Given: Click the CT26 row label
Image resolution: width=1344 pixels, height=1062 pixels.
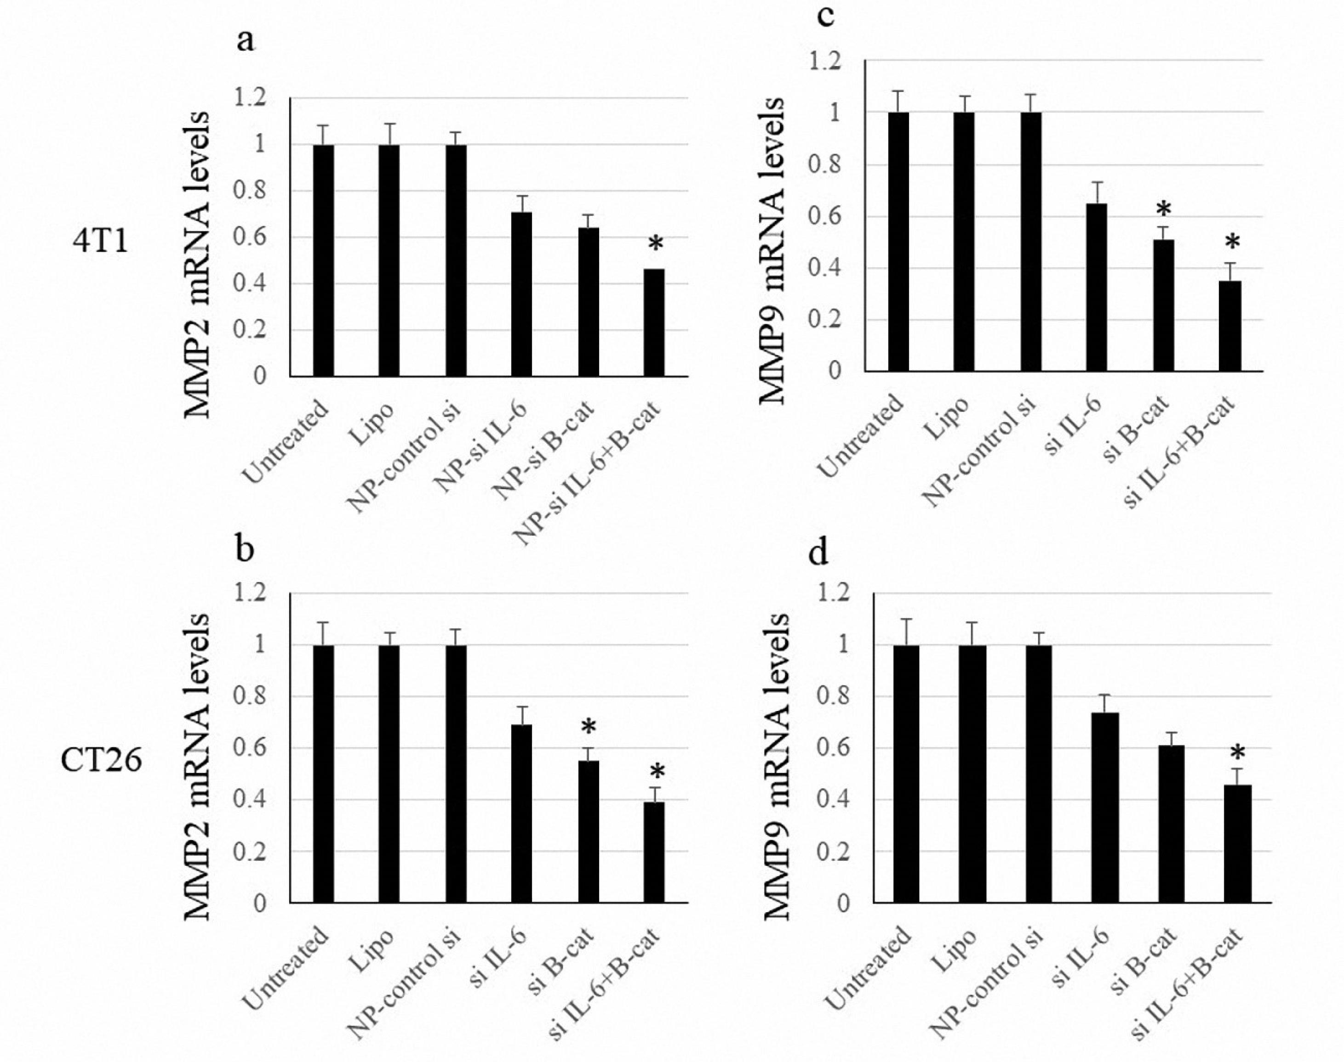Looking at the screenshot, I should point(101,760).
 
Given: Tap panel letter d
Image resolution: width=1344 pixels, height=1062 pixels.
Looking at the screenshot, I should point(818,552).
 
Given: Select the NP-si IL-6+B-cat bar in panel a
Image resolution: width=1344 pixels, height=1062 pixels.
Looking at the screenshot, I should point(653,323).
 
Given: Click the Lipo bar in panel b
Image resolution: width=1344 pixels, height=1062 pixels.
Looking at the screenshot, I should point(389,774).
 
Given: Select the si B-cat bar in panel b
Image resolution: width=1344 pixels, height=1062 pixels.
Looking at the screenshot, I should point(588,831).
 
